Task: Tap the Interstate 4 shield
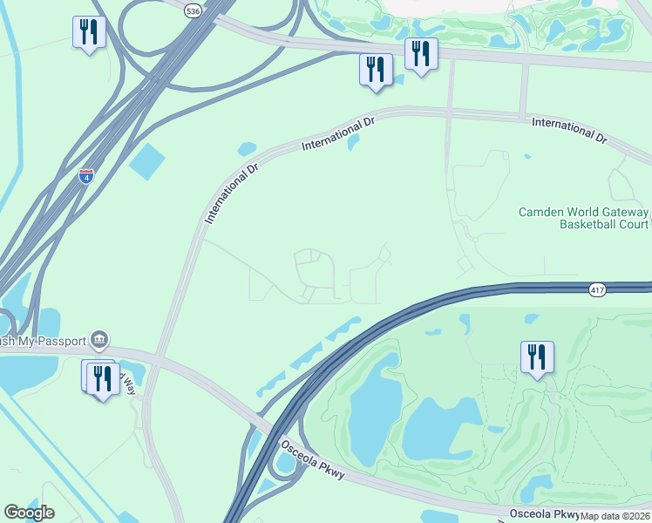(x=85, y=176)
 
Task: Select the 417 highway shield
(x=597, y=290)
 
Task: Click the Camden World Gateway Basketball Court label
(x=583, y=218)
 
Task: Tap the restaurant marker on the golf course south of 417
(x=536, y=357)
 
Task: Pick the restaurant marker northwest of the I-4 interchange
(x=88, y=32)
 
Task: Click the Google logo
(x=29, y=513)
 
